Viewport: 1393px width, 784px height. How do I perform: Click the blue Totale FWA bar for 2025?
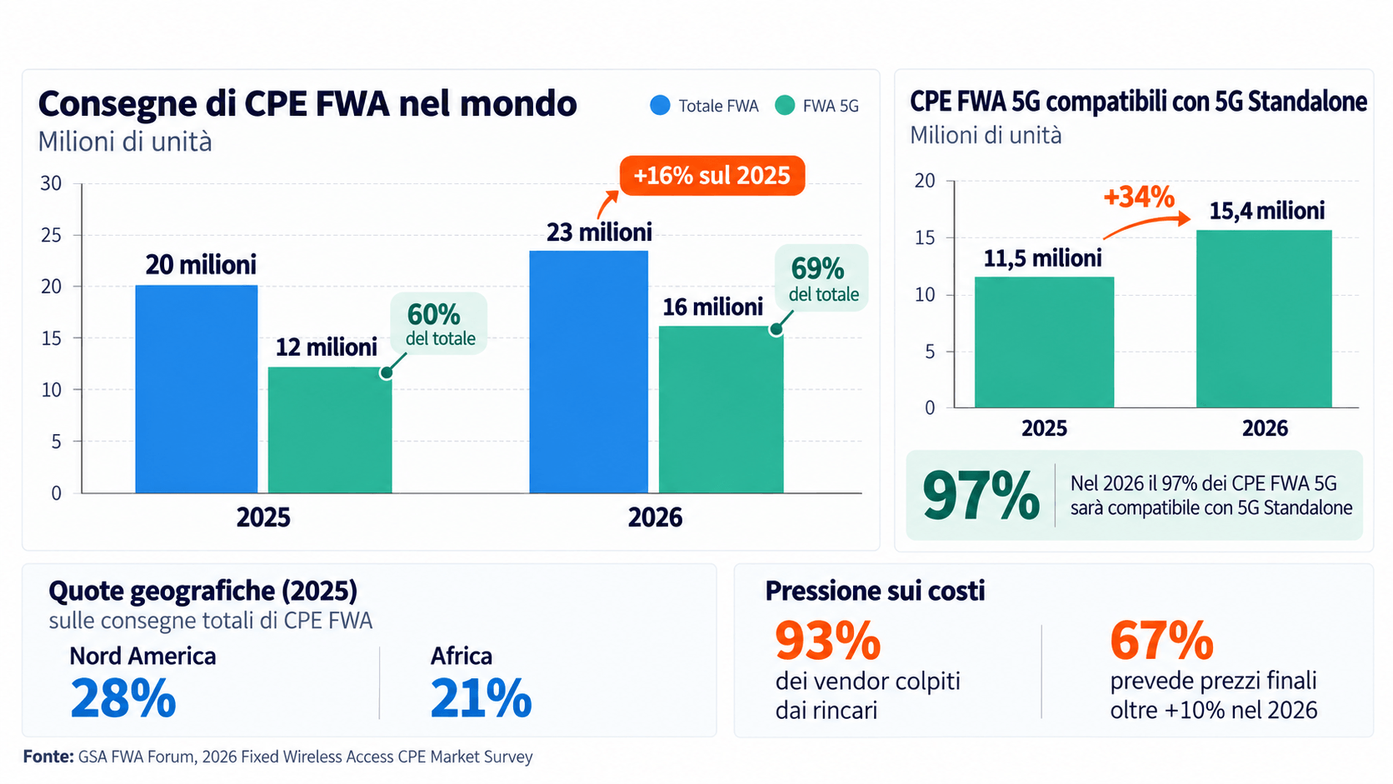(197, 389)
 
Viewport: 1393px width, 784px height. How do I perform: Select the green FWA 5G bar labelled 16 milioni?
(721, 410)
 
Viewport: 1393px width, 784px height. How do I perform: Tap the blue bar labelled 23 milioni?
(588, 372)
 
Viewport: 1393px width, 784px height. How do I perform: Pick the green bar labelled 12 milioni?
(330, 430)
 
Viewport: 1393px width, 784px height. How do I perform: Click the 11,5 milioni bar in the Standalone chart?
(1044, 342)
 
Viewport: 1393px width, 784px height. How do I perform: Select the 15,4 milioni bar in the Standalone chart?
(1264, 319)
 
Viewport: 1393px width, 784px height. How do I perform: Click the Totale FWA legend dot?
(661, 105)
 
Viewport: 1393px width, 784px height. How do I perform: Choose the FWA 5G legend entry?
(817, 106)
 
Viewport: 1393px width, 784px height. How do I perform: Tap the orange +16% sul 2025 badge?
(712, 175)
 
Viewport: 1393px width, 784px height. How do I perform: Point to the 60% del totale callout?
(438, 323)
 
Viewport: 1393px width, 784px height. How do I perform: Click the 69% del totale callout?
(821, 278)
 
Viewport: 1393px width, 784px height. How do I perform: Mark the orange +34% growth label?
(1139, 197)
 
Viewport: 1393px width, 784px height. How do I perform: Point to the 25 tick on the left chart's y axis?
(51, 235)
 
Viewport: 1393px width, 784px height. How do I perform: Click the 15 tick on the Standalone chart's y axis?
(925, 237)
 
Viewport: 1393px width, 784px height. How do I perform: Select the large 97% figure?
(980, 496)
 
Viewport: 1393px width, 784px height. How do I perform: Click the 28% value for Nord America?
(122, 698)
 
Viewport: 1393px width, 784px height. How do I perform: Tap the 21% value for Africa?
(481, 698)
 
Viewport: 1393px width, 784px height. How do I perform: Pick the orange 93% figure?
(827, 641)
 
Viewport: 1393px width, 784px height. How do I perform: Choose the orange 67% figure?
(1161, 641)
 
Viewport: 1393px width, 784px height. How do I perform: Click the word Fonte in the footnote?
(48, 757)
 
